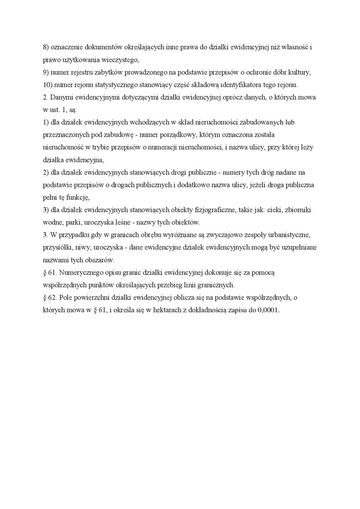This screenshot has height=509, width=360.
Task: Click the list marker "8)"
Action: [46, 48]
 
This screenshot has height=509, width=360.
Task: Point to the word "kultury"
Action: [300, 72]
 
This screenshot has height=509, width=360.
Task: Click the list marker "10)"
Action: [48, 85]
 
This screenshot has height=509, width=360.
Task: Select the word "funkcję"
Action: [77, 197]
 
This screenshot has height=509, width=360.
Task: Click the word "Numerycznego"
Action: [86, 272]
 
